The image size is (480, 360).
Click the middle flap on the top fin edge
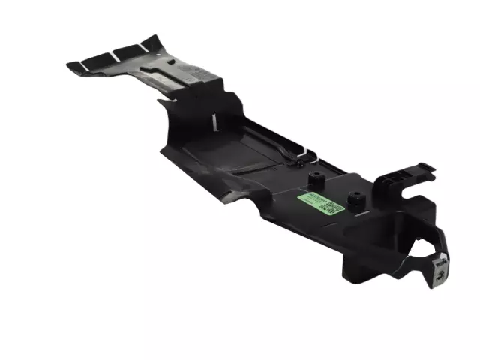[x=124, y=53]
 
